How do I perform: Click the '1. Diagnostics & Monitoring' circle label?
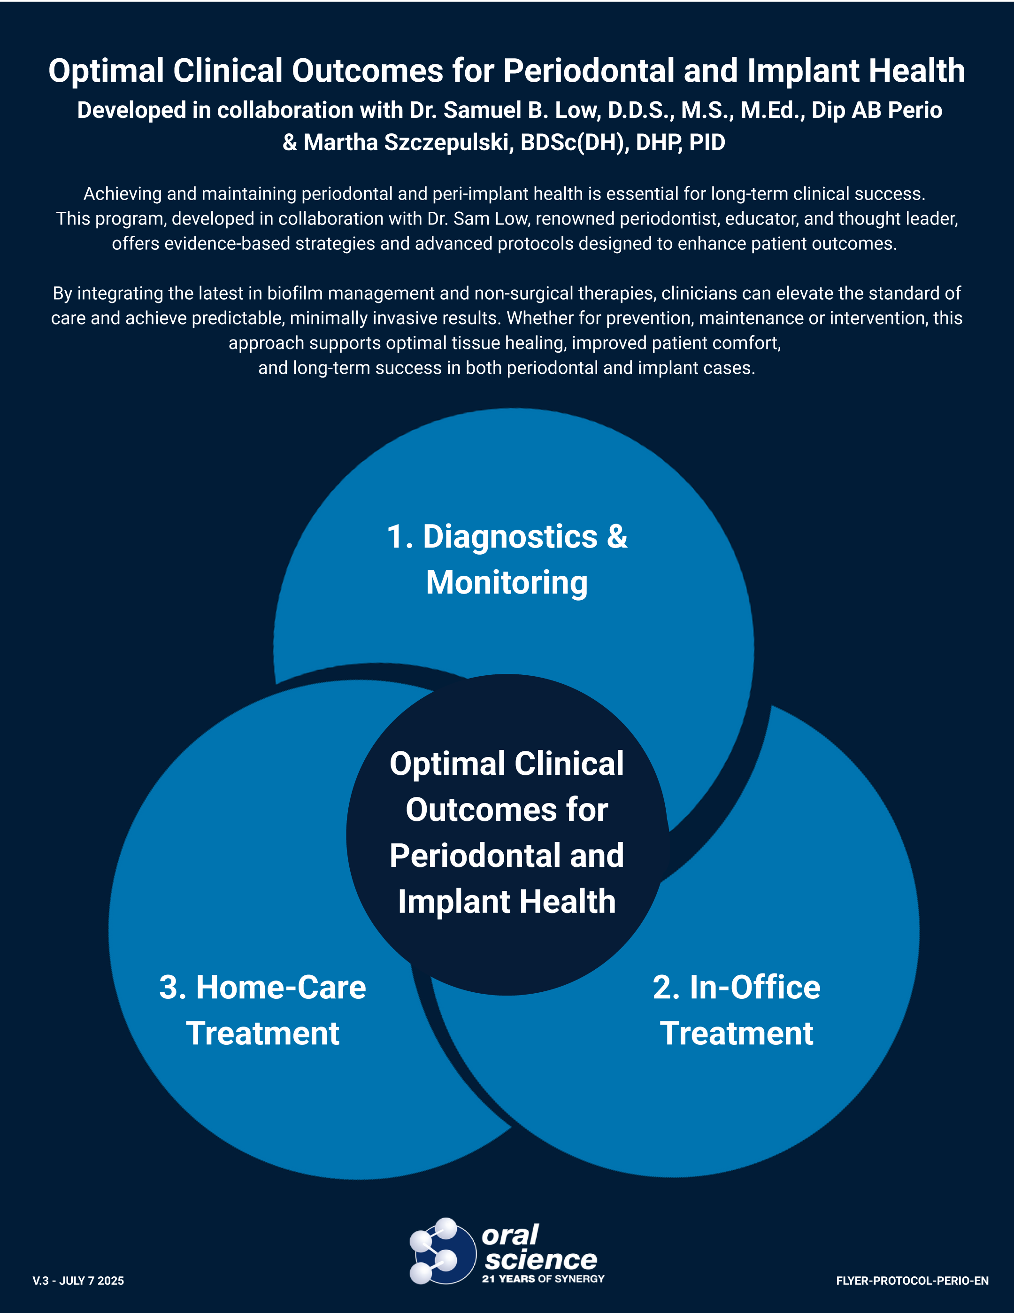507,559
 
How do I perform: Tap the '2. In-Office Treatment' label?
736,1010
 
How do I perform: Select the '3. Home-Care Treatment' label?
263,1010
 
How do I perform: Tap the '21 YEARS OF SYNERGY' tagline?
543,1279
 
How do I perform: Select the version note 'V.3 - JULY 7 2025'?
78,1281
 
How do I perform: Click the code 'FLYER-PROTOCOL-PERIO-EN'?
912,1281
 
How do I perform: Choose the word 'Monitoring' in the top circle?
507,583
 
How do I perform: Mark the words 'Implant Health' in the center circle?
507,902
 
